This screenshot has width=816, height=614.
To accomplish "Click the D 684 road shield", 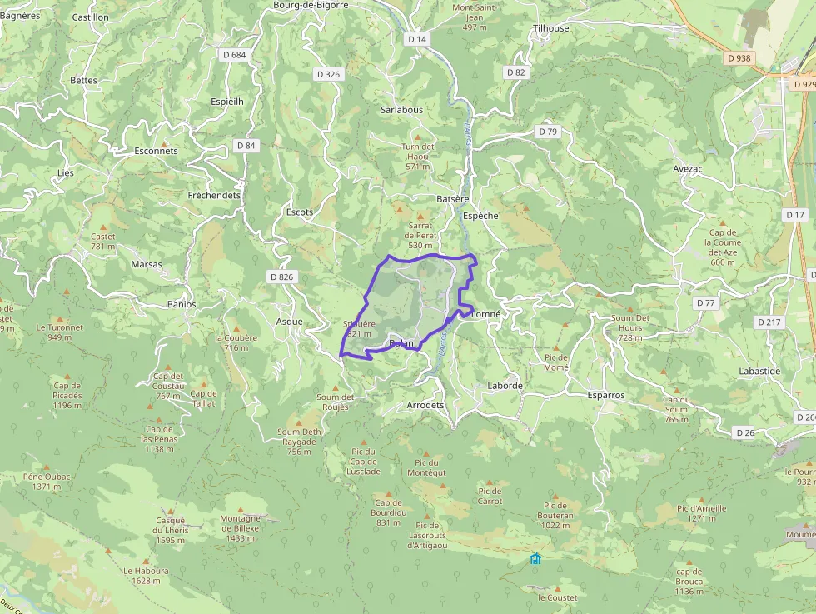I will (236, 55).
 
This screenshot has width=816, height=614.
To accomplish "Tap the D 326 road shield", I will (329, 74).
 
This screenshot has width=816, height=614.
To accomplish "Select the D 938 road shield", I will (738, 58).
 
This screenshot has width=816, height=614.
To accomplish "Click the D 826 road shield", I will (282, 277).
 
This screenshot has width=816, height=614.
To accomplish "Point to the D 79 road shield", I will (547, 132).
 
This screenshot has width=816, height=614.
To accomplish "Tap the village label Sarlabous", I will (401, 110).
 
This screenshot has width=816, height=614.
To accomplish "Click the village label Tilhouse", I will (550, 28).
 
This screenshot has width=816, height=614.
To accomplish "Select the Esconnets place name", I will (156, 152).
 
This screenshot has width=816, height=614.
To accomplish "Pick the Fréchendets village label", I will (214, 196).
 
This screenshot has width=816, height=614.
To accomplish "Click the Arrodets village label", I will (425, 405).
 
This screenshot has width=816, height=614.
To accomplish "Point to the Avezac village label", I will (689, 169).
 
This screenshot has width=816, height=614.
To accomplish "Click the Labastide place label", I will (759, 372).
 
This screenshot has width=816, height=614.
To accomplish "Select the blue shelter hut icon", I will (535, 558).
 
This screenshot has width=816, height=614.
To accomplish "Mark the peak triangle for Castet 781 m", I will (103, 227).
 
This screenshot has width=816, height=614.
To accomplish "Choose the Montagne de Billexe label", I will (241, 523).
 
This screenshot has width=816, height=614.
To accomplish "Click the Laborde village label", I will (505, 387).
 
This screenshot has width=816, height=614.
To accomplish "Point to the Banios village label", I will (182, 304).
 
